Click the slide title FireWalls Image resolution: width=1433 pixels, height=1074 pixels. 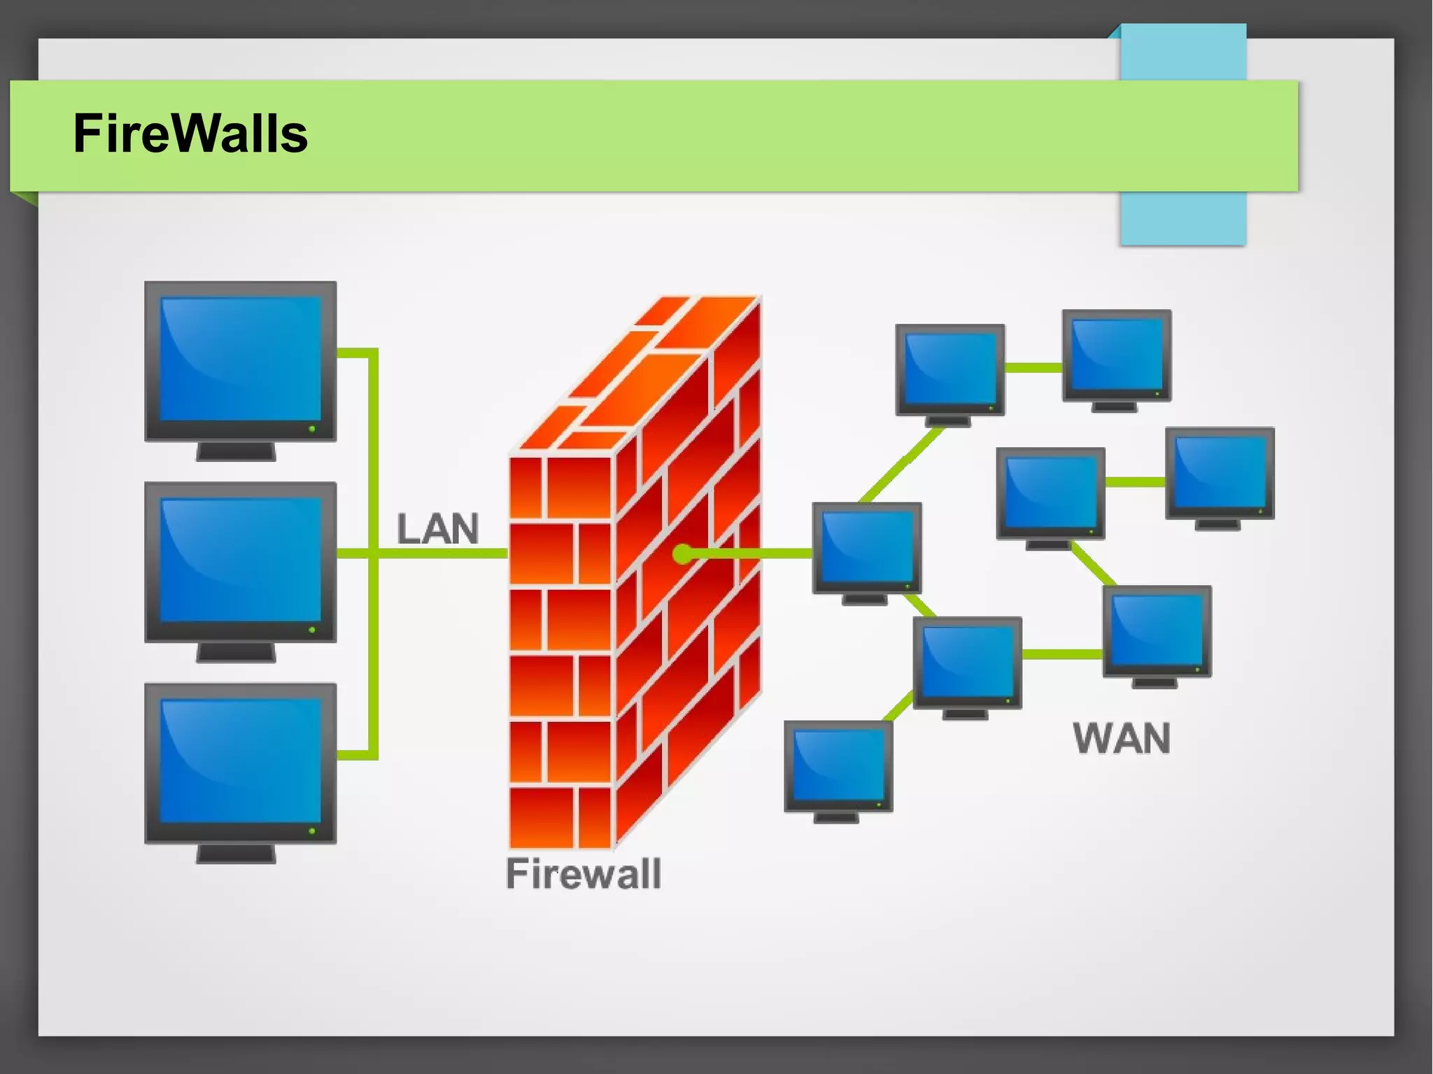tap(190, 134)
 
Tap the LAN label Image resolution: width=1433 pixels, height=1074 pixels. tap(438, 529)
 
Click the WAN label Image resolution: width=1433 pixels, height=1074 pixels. tap(1122, 738)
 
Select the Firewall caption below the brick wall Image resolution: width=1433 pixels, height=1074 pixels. tap(584, 874)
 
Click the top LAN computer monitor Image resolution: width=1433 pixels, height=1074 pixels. tap(240, 361)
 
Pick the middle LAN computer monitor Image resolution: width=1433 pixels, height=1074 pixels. tap(240, 562)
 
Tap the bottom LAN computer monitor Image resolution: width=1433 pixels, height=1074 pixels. tap(240, 763)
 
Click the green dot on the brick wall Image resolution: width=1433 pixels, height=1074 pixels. tap(682, 554)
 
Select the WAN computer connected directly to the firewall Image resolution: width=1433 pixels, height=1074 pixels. tap(866, 547)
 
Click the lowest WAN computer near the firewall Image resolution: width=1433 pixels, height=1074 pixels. tap(838, 766)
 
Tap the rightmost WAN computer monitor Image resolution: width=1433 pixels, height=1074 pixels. tap(1220, 473)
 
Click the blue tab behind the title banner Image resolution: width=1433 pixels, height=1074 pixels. tap(1183, 217)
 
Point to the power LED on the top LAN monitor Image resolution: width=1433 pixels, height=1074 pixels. tap(312, 428)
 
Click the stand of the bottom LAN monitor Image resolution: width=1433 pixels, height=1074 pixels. tap(236, 854)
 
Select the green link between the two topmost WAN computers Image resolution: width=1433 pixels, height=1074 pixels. tap(1033, 367)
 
